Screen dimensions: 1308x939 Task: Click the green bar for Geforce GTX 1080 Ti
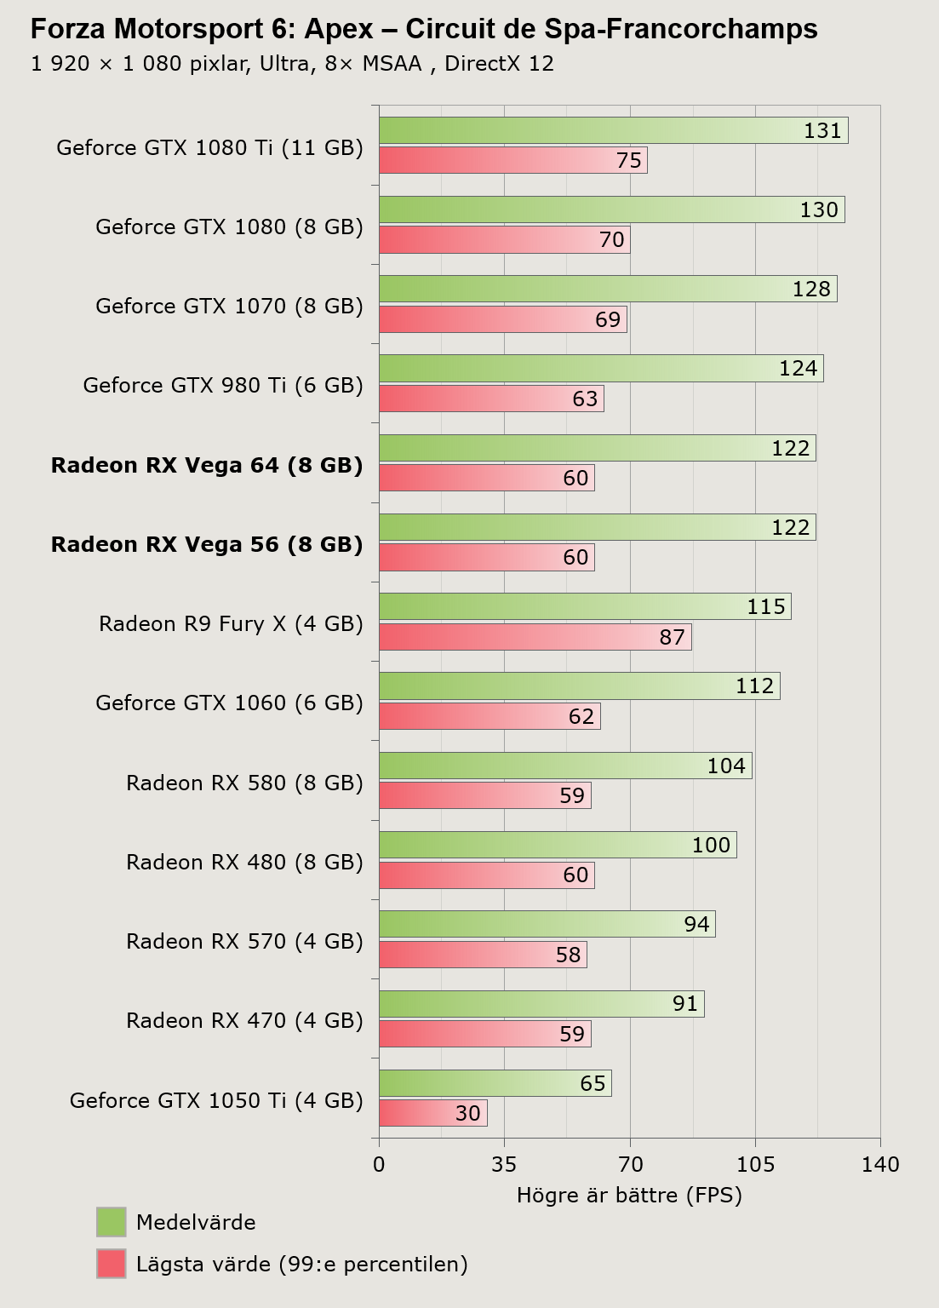point(613,130)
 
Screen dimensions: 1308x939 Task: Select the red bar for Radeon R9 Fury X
point(535,637)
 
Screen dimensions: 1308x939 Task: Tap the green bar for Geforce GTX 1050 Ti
point(495,1083)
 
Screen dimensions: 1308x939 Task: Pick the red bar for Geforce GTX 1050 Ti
point(432,1113)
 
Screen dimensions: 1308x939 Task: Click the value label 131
point(822,131)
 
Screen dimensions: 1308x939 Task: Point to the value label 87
point(672,637)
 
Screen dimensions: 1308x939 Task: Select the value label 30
point(468,1113)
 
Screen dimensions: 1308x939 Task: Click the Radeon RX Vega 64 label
point(207,465)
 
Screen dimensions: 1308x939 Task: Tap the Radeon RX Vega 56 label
point(207,544)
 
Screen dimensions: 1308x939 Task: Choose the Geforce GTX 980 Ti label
point(223,386)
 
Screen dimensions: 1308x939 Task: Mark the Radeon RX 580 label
point(244,783)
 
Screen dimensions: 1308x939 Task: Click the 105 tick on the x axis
point(755,1164)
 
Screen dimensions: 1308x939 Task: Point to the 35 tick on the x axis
point(504,1164)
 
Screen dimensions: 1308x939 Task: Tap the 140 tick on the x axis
point(880,1164)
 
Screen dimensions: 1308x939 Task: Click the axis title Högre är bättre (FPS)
point(629,1195)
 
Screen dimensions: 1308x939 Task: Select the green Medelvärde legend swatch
point(111,1222)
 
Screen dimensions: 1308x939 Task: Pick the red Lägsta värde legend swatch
point(111,1264)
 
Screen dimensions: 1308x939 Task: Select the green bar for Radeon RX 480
point(558,845)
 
